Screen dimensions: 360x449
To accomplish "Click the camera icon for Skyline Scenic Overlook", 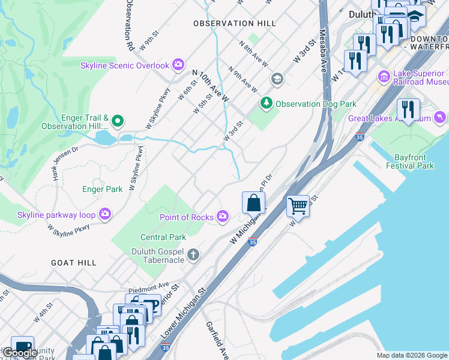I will click(178, 64).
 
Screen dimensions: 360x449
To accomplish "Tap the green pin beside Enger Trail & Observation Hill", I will click(118, 122).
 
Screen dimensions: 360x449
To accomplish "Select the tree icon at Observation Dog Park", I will click(266, 104).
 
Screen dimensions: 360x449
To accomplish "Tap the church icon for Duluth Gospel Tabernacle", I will click(193, 255).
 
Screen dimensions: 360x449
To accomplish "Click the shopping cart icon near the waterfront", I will click(298, 207).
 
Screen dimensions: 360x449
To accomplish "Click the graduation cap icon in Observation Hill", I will click(277, 79).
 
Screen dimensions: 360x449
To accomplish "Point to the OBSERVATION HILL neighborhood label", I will click(234, 23).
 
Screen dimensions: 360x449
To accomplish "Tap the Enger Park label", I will click(102, 189).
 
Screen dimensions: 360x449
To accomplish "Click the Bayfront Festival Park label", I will click(414, 161).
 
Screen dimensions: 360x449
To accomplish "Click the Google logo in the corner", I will click(19, 353).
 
